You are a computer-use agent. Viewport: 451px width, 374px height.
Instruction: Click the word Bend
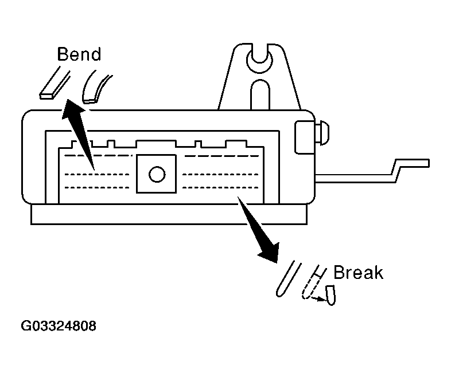click(79, 54)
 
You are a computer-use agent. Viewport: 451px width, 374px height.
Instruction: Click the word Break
click(357, 272)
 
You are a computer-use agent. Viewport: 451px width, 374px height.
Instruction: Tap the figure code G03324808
click(59, 326)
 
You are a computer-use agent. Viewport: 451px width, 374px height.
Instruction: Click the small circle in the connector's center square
click(156, 174)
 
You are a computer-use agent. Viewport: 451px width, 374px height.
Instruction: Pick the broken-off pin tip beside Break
click(331, 296)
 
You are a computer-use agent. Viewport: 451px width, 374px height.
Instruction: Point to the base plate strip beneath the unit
click(166, 215)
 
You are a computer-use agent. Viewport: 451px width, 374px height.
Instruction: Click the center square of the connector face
click(156, 174)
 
